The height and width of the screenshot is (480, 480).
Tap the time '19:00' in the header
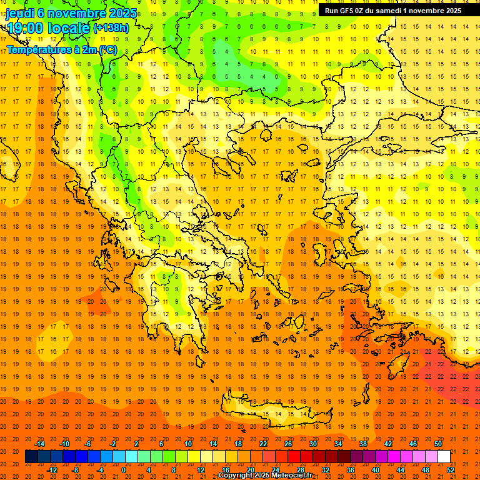tap(26, 28)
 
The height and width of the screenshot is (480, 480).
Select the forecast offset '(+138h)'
tap(111, 28)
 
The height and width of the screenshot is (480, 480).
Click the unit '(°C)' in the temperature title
tap(107, 49)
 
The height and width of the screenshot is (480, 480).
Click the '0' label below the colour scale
tap(123, 470)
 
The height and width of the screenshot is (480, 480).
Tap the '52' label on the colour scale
tap(451, 470)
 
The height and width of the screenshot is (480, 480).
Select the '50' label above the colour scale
tap(438, 444)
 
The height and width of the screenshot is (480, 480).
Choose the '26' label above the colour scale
tap(288, 444)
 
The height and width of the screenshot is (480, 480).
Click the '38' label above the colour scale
tap(363, 444)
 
